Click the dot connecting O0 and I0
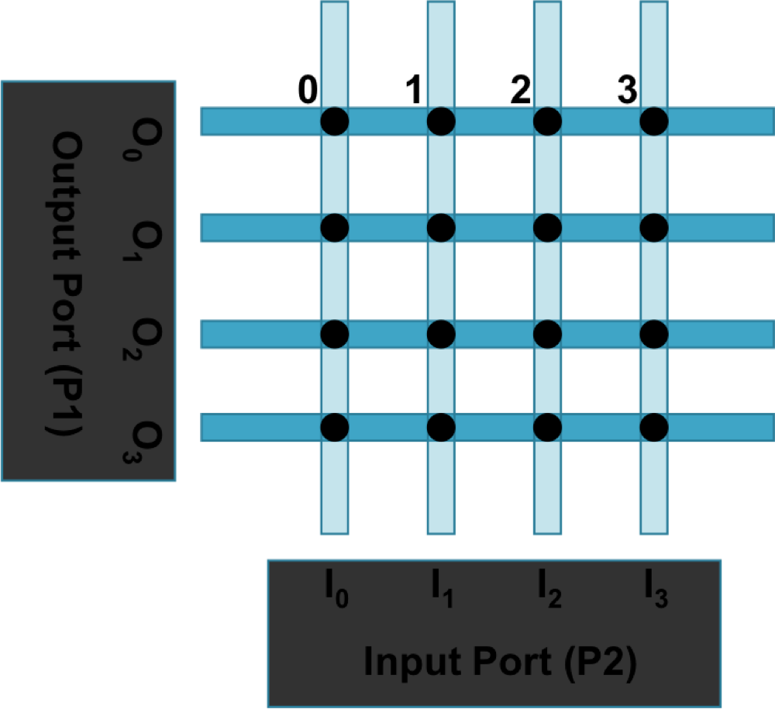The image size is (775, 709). pyautogui.click(x=335, y=121)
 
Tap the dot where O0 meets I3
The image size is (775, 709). pyautogui.click(x=653, y=121)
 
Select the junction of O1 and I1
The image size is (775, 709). pyautogui.click(x=441, y=227)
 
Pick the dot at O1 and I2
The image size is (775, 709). pyautogui.click(x=547, y=227)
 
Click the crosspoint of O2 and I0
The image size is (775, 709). pyautogui.click(x=335, y=334)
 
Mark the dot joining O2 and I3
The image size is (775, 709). pyautogui.click(x=653, y=334)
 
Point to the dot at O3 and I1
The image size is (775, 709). pyautogui.click(x=441, y=426)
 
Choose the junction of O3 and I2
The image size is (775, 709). pyautogui.click(x=547, y=426)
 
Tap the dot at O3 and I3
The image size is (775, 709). pyautogui.click(x=653, y=426)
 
